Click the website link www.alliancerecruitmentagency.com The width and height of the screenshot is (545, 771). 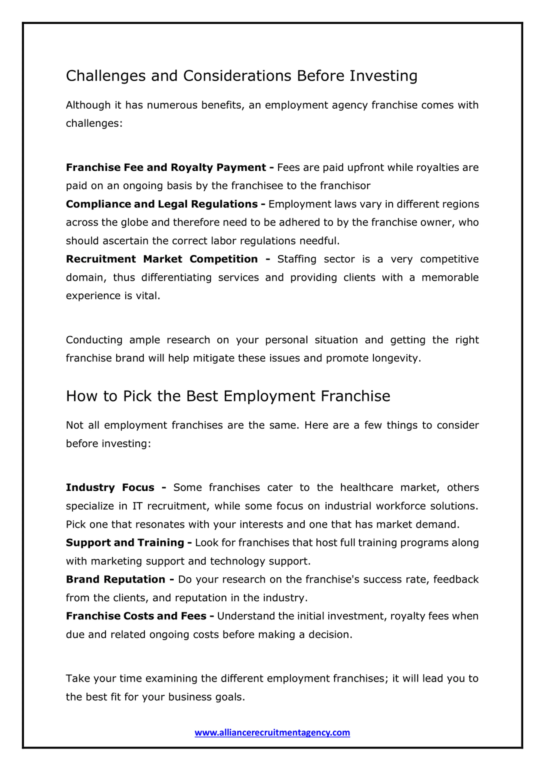[x=272, y=732]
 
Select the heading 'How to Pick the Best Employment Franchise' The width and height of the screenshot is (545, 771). [x=228, y=396]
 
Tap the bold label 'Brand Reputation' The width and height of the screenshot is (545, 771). [x=116, y=579]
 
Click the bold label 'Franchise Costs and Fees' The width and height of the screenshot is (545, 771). [x=136, y=616]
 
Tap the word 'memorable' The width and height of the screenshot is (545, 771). [x=450, y=277]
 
